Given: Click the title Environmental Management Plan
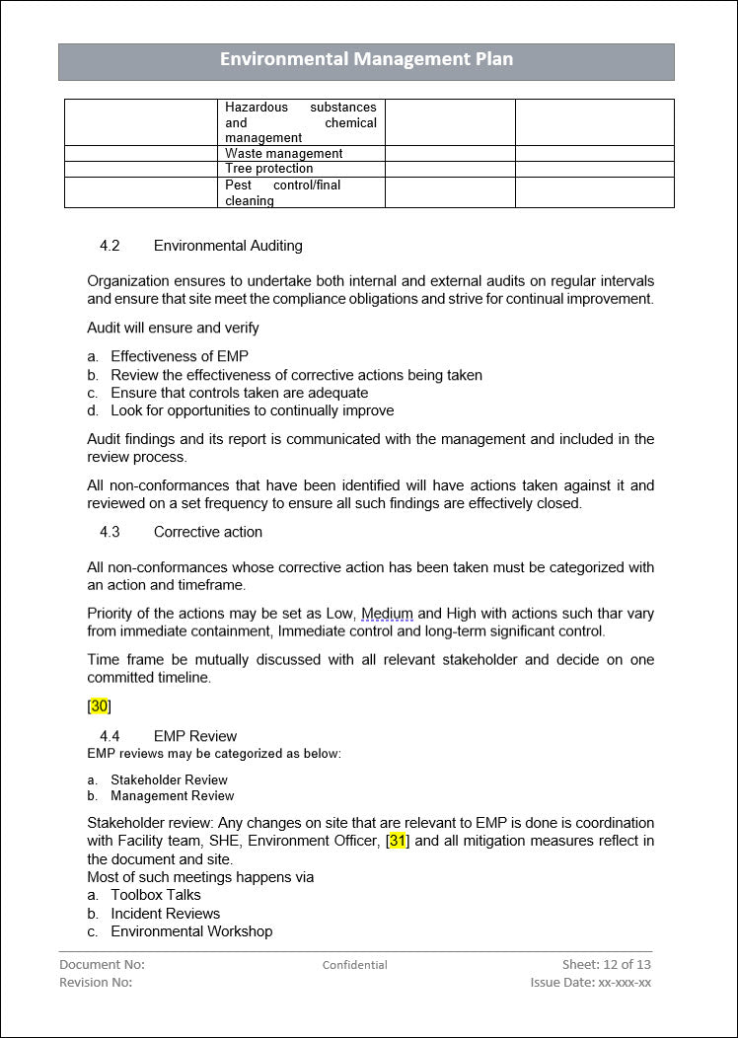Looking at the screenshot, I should pyautogui.click(x=366, y=59).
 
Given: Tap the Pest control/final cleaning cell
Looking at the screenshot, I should pyautogui.click(x=300, y=192).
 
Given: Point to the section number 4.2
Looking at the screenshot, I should pyautogui.click(x=110, y=246).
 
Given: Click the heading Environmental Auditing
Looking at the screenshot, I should pyautogui.click(x=228, y=246).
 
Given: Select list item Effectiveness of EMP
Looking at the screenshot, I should pyautogui.click(x=180, y=356).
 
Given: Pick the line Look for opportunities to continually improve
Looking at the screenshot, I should pyautogui.click(x=252, y=410).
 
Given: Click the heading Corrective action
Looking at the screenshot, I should pyautogui.click(x=208, y=532).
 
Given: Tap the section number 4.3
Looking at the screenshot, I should pyautogui.click(x=110, y=532).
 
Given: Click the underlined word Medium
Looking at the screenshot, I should pyautogui.click(x=387, y=614).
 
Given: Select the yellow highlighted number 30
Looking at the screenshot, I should pyautogui.click(x=99, y=705).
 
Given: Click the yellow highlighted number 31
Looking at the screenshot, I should pyautogui.click(x=398, y=841).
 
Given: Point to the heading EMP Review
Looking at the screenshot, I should pyautogui.click(x=195, y=736).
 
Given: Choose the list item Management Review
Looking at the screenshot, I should pyautogui.click(x=173, y=796).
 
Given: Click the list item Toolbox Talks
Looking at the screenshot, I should pyautogui.click(x=156, y=895).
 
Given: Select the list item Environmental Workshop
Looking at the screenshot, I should pyautogui.click(x=191, y=931).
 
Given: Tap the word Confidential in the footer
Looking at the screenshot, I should pyautogui.click(x=354, y=965).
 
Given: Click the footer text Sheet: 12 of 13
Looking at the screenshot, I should pyautogui.click(x=606, y=964).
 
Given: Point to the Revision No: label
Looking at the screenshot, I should pyautogui.click(x=96, y=982).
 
